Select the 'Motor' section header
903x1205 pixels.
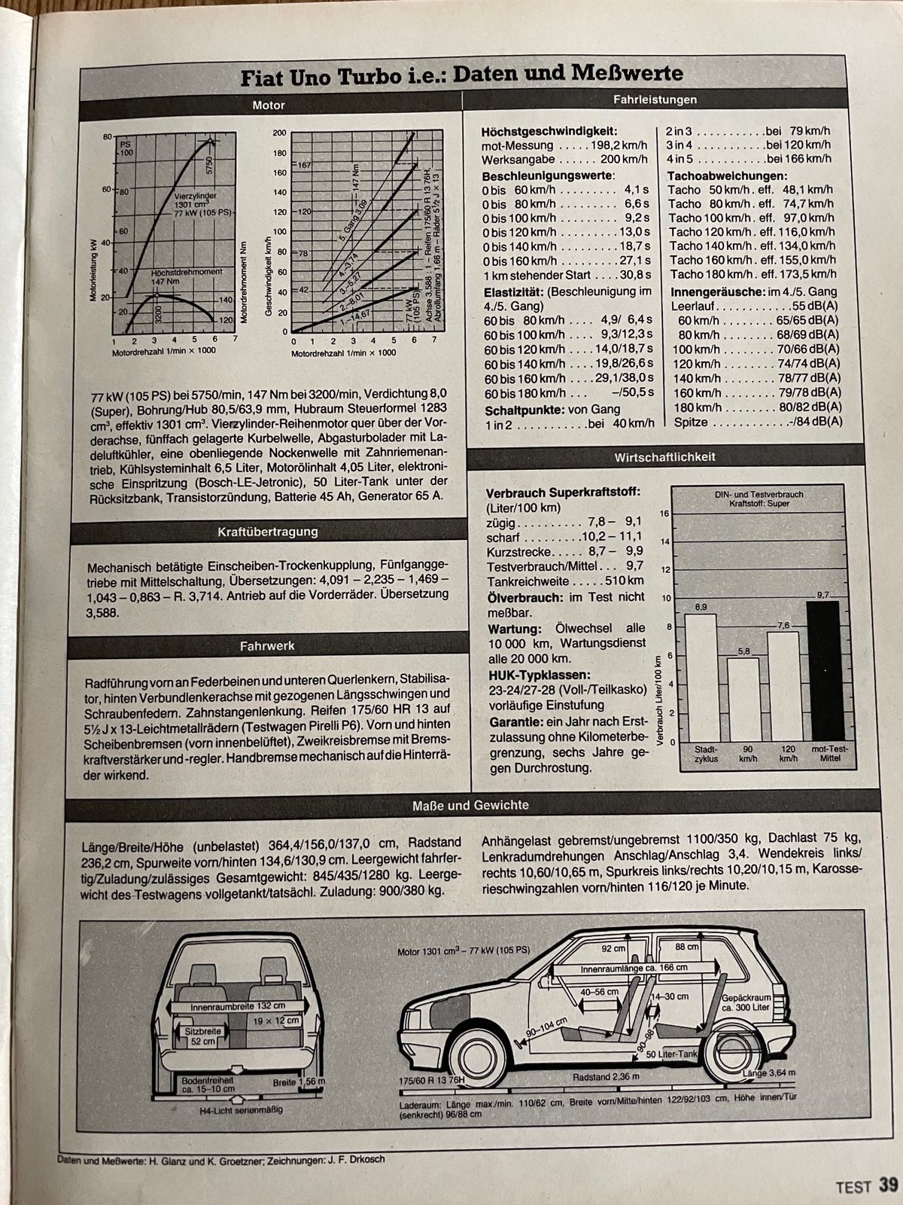point(269,105)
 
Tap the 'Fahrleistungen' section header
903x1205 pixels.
point(655,99)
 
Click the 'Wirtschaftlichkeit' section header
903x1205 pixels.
point(664,457)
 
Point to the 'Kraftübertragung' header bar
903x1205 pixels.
point(267,532)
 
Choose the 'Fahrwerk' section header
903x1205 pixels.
point(267,645)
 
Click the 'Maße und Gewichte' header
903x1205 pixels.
point(470,805)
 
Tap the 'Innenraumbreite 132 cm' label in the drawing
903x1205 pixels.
point(238,1005)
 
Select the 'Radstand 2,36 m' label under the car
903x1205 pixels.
point(606,1077)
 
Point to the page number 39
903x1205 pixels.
point(888,1185)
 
